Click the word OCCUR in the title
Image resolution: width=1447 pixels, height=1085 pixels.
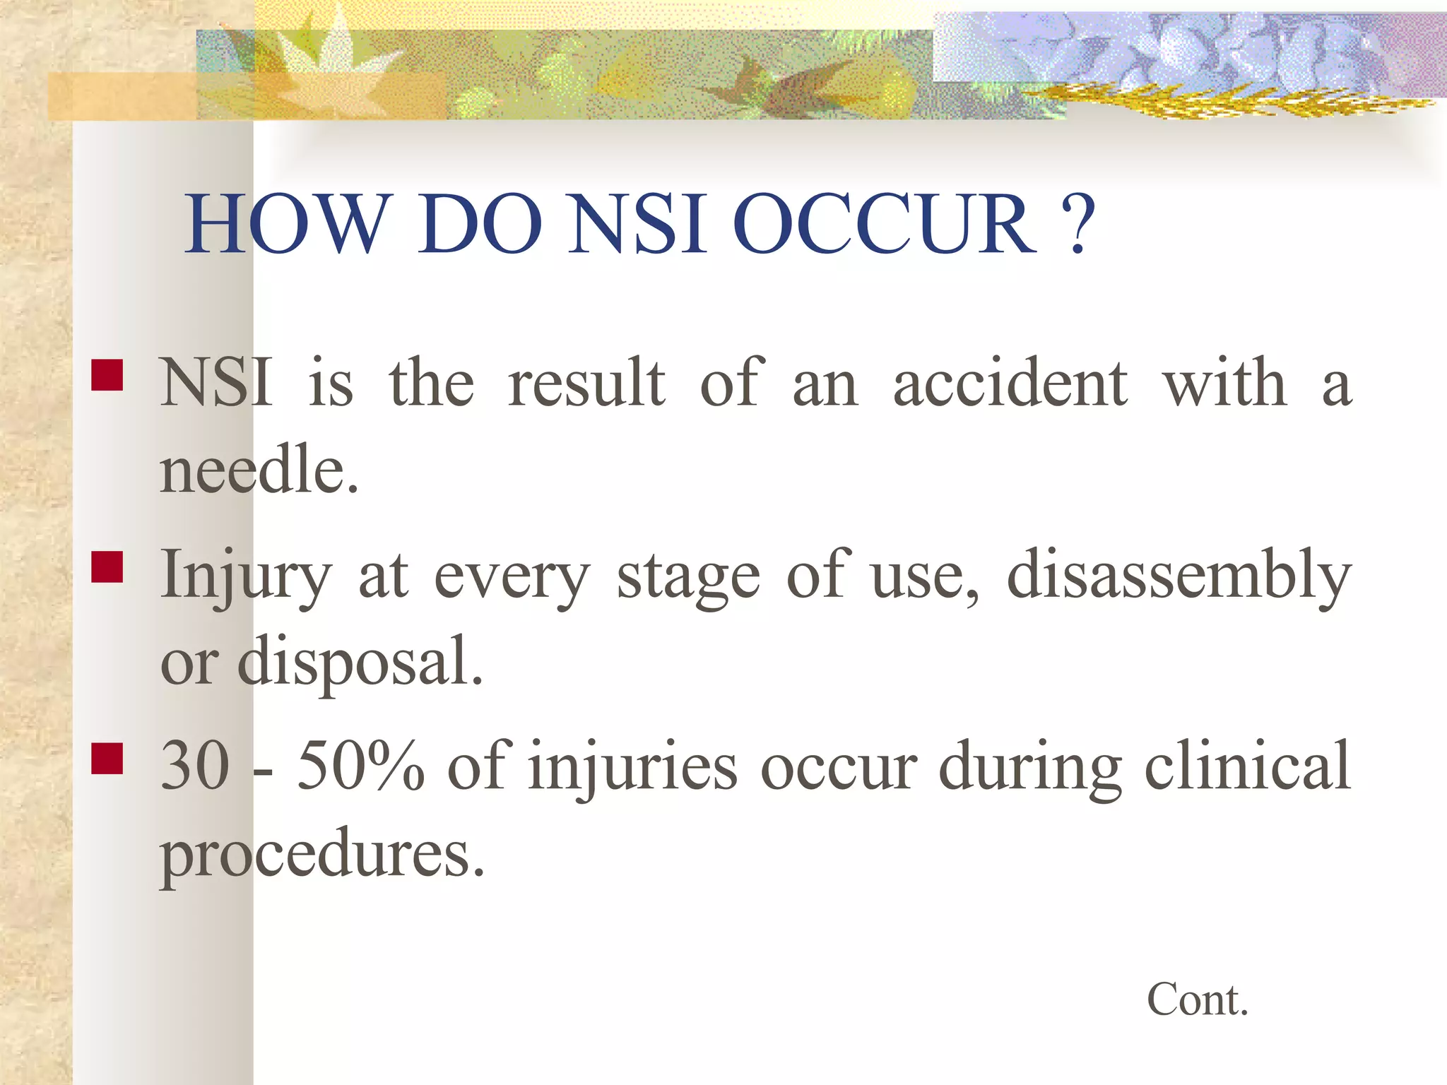click(885, 224)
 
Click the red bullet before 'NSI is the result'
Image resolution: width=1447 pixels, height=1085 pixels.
click(107, 375)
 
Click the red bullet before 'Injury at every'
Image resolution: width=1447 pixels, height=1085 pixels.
click(107, 567)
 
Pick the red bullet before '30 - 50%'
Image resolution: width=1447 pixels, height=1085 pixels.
click(107, 758)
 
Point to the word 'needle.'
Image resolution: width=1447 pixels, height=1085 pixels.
click(260, 470)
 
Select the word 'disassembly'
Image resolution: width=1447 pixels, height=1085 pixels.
click(1179, 575)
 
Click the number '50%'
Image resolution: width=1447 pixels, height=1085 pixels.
click(360, 766)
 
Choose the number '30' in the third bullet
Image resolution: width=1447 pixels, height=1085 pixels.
click(195, 766)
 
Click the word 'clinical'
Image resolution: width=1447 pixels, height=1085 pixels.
click(1247, 766)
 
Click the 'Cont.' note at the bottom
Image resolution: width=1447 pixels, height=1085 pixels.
click(1197, 1000)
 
